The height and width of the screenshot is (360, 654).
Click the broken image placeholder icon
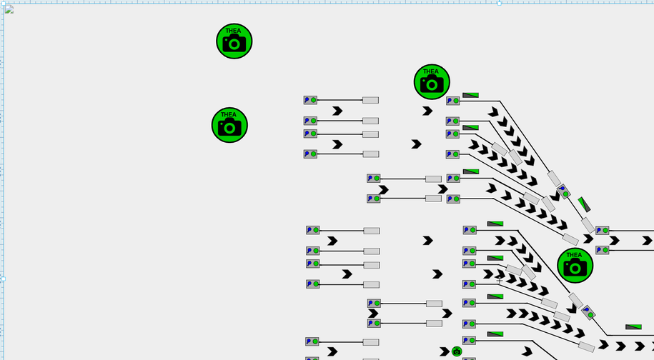pos(9,9)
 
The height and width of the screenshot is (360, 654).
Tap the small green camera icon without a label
pos(457,351)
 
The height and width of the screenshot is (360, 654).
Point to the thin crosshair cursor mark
pos(499,280)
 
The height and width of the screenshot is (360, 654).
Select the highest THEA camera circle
pos(234,41)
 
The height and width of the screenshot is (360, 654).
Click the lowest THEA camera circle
pos(575,265)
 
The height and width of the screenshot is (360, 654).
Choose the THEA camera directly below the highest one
pos(229,126)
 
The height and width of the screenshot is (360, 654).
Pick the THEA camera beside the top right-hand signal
pos(432,82)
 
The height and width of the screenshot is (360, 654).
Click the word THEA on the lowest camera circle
pos(575,255)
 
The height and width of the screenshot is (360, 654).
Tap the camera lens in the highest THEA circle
pos(234,44)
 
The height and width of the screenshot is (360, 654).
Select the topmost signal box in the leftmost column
pos(310,101)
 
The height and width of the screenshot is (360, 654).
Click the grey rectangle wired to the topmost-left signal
pos(370,101)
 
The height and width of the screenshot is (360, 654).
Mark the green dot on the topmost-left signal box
pos(314,101)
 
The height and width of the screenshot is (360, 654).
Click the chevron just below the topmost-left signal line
pos(337,111)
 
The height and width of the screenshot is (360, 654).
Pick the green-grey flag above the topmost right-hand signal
pos(470,94)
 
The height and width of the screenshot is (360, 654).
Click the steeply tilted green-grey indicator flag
pos(584,204)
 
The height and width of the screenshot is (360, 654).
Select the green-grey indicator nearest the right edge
pos(633,327)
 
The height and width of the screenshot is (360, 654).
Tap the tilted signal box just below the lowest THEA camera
pos(588,312)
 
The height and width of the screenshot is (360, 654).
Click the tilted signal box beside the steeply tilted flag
pos(564,191)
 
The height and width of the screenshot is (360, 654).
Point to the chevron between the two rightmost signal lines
pos(614,240)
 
